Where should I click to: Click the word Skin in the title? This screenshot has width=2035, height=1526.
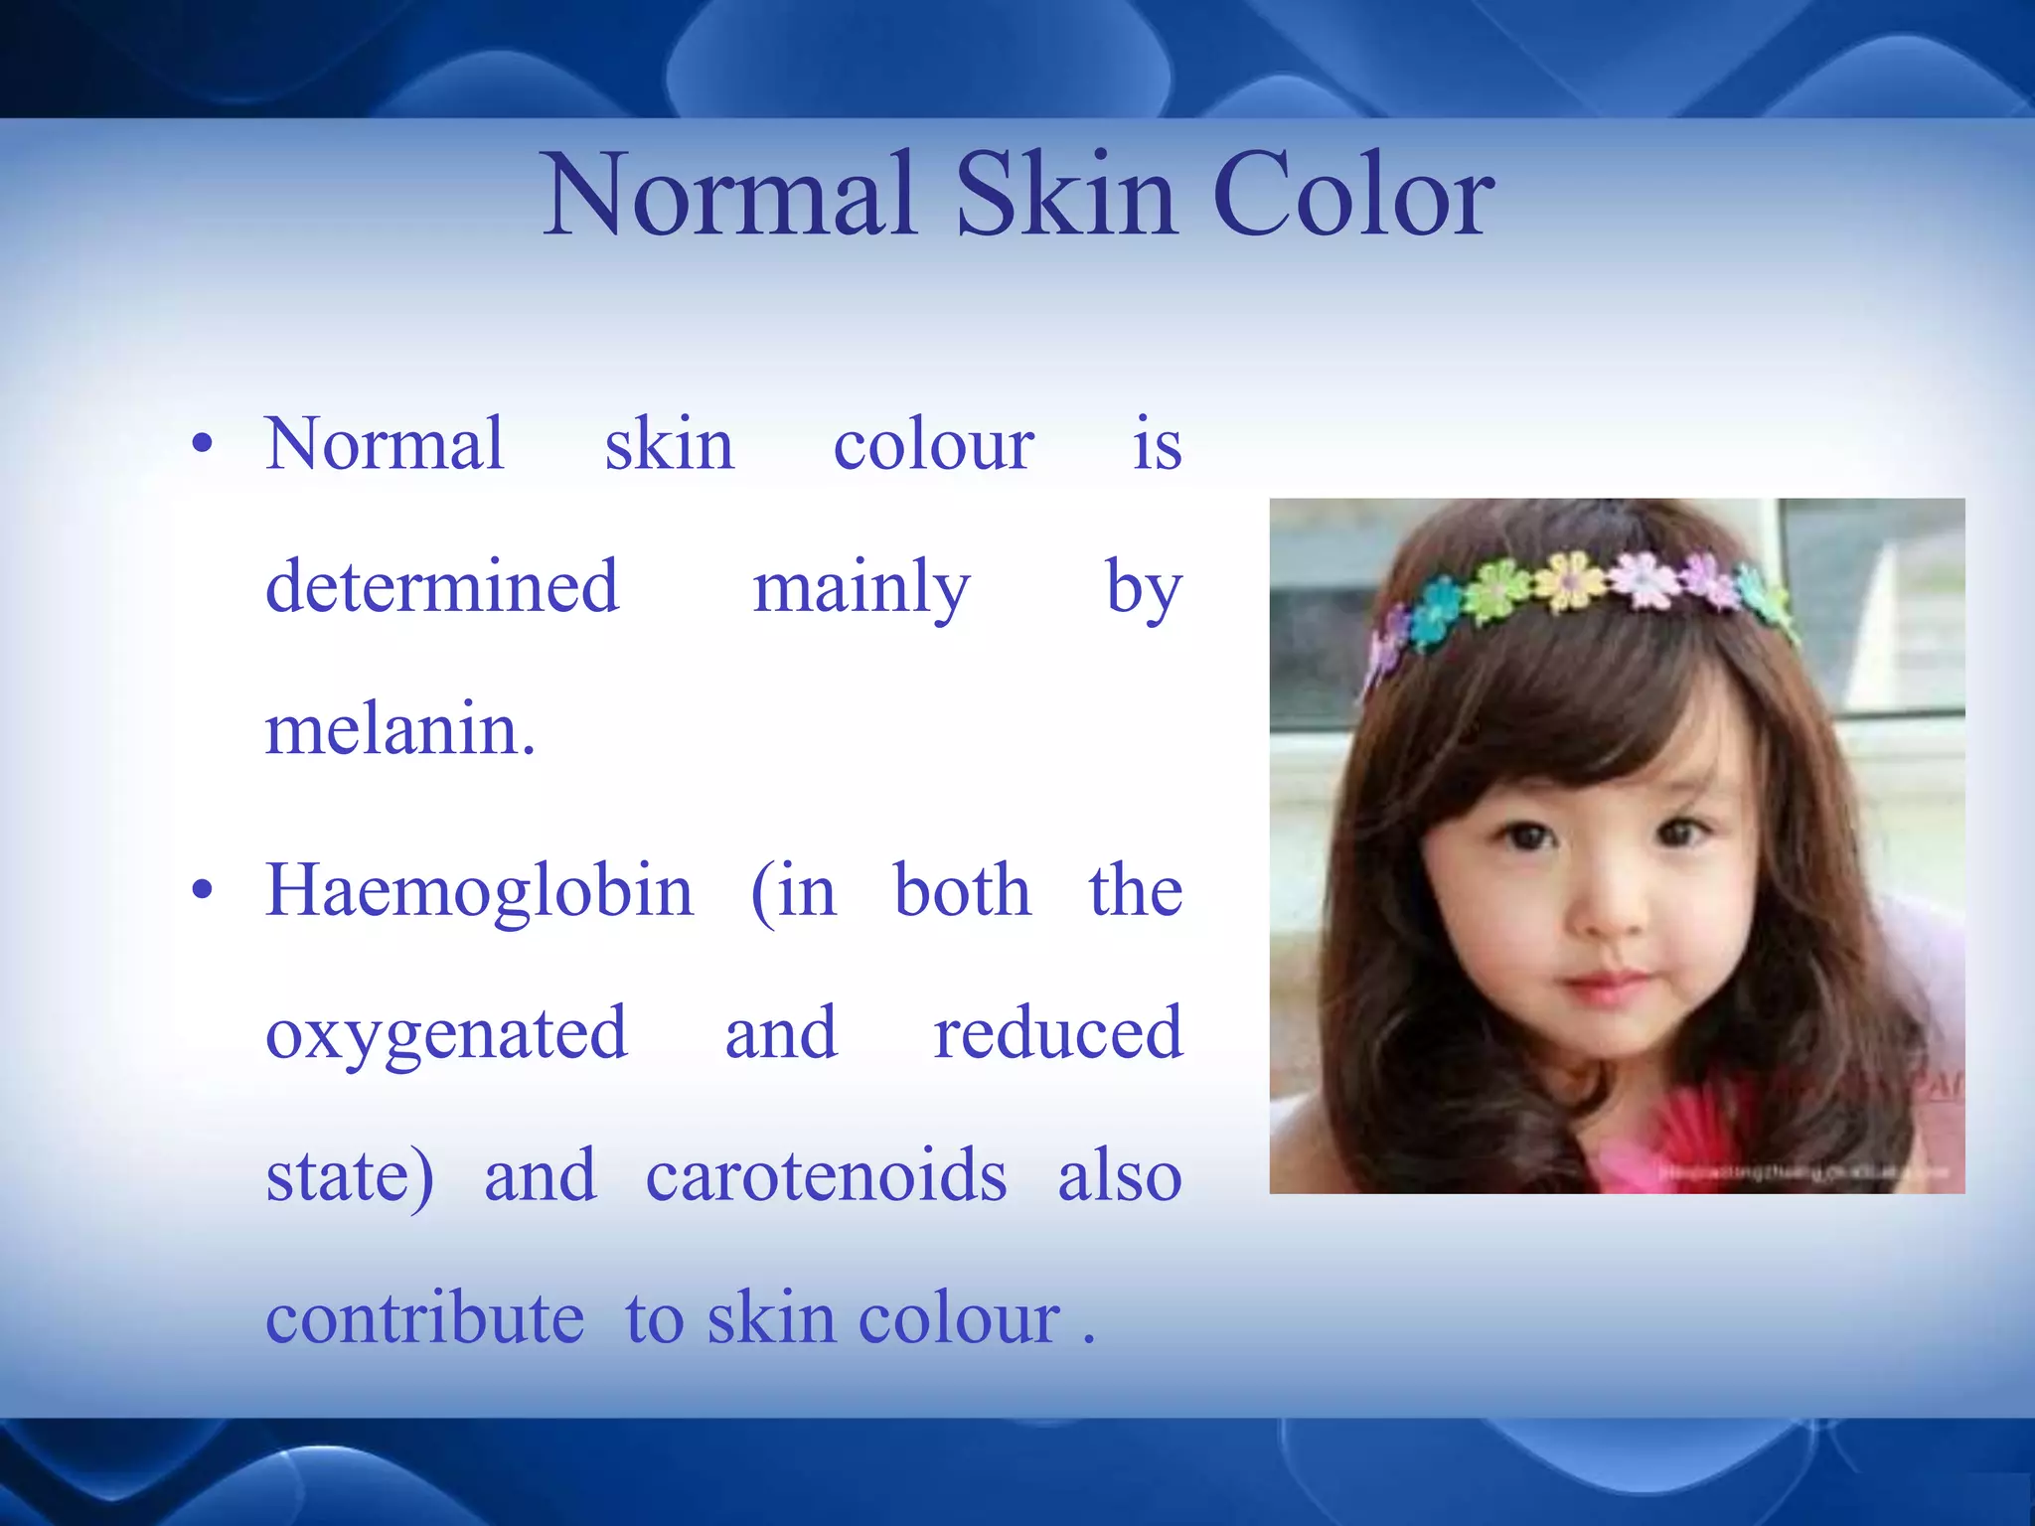click(x=1068, y=196)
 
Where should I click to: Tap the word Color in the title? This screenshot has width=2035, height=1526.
click(x=1352, y=196)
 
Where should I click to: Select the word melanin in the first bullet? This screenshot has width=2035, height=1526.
click(x=399, y=730)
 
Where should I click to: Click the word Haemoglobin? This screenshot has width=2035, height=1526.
click(x=479, y=891)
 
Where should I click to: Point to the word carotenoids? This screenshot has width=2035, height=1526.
click(x=826, y=1176)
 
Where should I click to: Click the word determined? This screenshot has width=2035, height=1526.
click(x=442, y=586)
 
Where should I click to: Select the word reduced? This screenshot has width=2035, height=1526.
click(x=1057, y=1033)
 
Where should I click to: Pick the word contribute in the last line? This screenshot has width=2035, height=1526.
click(x=424, y=1319)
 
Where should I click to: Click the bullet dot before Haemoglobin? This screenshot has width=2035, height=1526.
click(x=203, y=891)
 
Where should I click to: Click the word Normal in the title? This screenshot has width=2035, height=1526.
click(x=729, y=196)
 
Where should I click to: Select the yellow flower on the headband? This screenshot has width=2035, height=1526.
click(x=1570, y=579)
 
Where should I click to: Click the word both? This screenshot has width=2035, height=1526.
click(x=962, y=891)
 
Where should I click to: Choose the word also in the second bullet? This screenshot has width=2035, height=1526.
click(x=1119, y=1176)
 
